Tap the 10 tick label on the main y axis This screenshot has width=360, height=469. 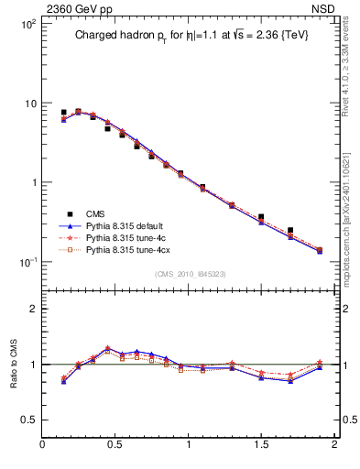pos(27,104)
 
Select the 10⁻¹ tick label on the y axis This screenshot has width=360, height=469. pos(25,262)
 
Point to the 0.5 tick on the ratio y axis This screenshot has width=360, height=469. pos(27,420)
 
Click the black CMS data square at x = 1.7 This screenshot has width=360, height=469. pos(290,231)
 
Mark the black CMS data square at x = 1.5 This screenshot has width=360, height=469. pos(261,217)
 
